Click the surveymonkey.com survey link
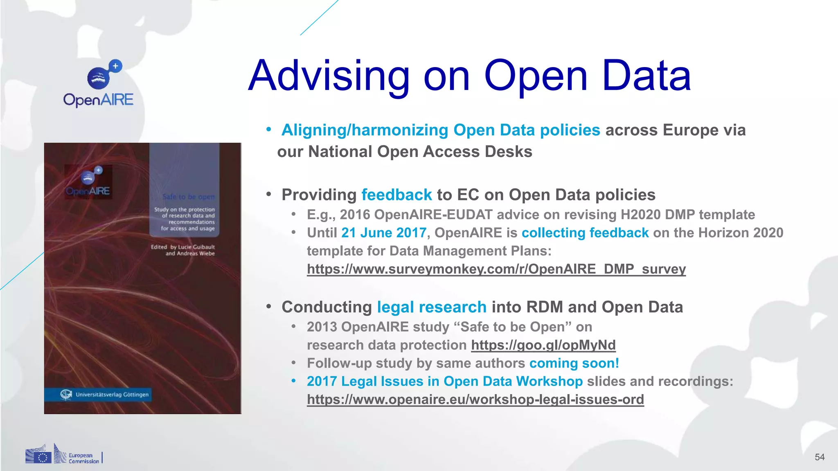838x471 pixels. pyautogui.click(x=496, y=269)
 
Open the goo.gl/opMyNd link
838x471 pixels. pyautogui.click(x=543, y=345)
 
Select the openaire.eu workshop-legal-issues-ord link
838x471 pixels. pyautogui.click(x=475, y=399)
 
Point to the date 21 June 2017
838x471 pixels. pyautogui.click(x=383, y=233)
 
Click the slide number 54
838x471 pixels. pyautogui.click(x=819, y=457)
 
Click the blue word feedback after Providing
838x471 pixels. pyautogui.click(x=396, y=195)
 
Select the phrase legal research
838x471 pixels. pyautogui.click(x=431, y=307)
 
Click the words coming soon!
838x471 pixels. pyautogui.click(x=574, y=363)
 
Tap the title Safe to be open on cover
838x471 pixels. pyautogui.click(x=188, y=197)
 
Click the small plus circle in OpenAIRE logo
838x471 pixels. pyautogui.click(x=115, y=66)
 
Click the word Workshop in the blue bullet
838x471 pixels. pyautogui.click(x=549, y=381)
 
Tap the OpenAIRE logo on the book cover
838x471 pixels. pyautogui.click(x=88, y=182)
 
